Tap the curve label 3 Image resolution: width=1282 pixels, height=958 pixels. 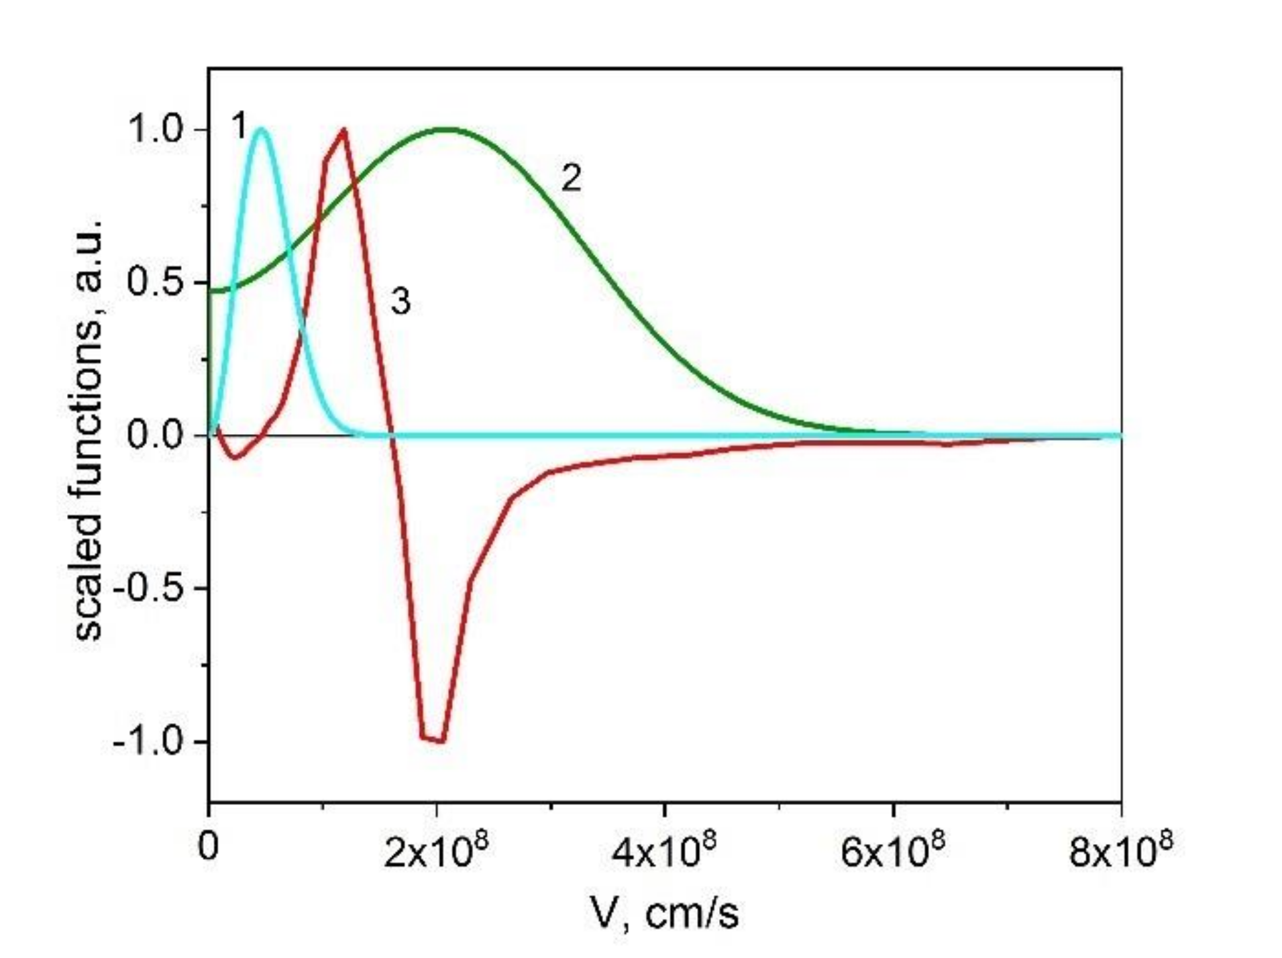[400, 302]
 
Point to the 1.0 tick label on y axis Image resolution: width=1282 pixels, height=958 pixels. [155, 129]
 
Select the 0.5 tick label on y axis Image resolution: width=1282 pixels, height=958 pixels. [155, 282]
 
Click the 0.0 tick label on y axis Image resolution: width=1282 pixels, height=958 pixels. [155, 436]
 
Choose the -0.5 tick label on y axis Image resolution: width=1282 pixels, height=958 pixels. [149, 589]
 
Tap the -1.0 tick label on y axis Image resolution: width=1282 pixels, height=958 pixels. [149, 742]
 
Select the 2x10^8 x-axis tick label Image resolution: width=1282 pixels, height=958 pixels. [437, 850]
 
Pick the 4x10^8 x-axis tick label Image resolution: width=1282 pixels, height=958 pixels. [665, 850]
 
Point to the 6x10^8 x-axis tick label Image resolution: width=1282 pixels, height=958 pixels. [893, 850]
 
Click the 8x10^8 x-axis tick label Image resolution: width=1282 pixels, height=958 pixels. [1121, 850]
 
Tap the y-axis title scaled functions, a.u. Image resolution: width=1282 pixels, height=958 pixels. [89, 429]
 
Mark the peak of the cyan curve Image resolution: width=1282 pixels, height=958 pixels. [262, 129]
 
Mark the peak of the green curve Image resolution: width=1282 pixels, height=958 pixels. [445, 129]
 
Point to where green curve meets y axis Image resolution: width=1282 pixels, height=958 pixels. [210, 290]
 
